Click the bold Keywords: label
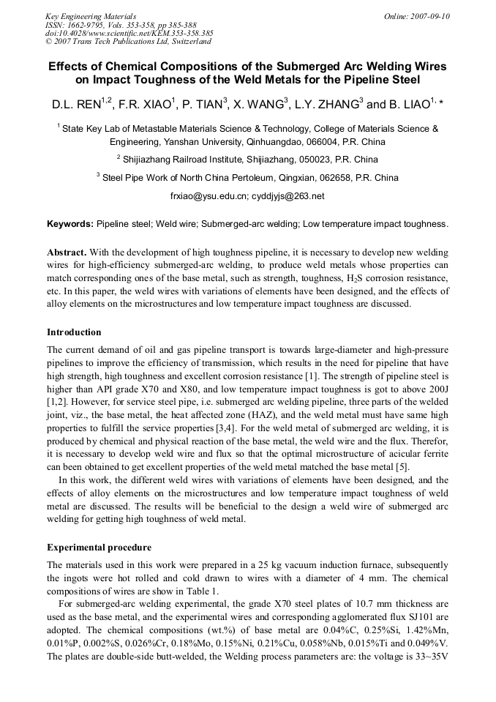click(70, 223)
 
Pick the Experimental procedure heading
click(99, 547)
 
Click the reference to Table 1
click(201, 591)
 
